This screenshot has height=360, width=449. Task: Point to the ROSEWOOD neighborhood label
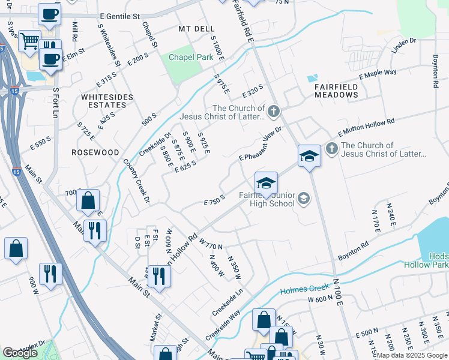pos(95,152)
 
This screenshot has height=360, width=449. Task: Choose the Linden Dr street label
pos(404,52)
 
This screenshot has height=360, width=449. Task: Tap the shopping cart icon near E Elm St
pos(29,41)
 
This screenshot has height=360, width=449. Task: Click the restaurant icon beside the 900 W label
pos(50,274)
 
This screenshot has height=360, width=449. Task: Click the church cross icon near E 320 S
pos(273,110)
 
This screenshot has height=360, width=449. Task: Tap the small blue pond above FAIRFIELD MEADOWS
pos(312,78)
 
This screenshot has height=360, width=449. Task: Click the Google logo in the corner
pos(20,353)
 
